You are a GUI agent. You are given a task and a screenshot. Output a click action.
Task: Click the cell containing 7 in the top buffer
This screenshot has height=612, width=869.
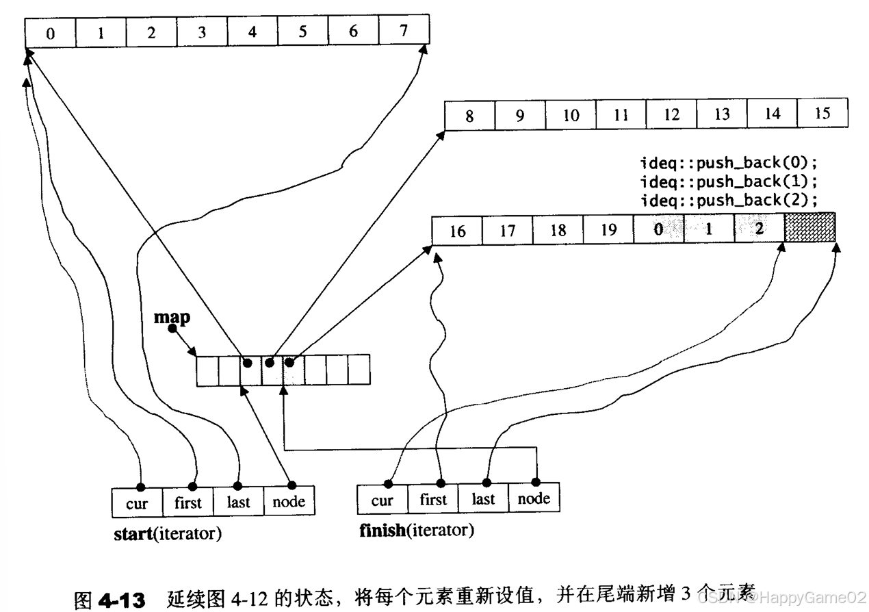[404, 31]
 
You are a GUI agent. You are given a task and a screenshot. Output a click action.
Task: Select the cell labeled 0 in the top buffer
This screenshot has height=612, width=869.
[50, 32]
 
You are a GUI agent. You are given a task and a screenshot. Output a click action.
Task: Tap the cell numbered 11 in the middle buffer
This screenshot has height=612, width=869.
[621, 114]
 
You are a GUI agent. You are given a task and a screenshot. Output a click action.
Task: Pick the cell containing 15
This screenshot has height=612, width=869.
[822, 114]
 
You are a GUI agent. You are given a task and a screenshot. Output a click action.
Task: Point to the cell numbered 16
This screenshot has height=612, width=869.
[457, 230]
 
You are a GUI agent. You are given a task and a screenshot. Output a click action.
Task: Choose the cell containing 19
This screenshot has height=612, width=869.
[608, 230]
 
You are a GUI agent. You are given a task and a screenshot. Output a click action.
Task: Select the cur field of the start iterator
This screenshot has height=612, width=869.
[137, 503]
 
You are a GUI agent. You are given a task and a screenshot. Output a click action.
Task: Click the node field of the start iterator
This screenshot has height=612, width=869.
[289, 502]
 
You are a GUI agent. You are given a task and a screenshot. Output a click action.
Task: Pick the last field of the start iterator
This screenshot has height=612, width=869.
[238, 503]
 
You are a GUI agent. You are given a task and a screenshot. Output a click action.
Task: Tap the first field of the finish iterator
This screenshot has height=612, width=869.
[432, 500]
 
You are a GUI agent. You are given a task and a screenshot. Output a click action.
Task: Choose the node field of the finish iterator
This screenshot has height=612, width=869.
[534, 499]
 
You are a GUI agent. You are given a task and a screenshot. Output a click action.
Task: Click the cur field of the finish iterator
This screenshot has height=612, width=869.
[382, 500]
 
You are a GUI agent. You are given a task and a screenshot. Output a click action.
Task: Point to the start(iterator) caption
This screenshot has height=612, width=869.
[168, 534]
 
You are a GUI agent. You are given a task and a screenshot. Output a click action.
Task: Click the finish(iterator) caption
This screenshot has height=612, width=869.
[416, 531]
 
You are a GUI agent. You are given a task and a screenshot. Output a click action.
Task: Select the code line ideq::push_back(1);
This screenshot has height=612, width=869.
[729, 182]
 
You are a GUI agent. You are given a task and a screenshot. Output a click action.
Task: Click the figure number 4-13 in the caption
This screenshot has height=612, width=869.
[122, 600]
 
